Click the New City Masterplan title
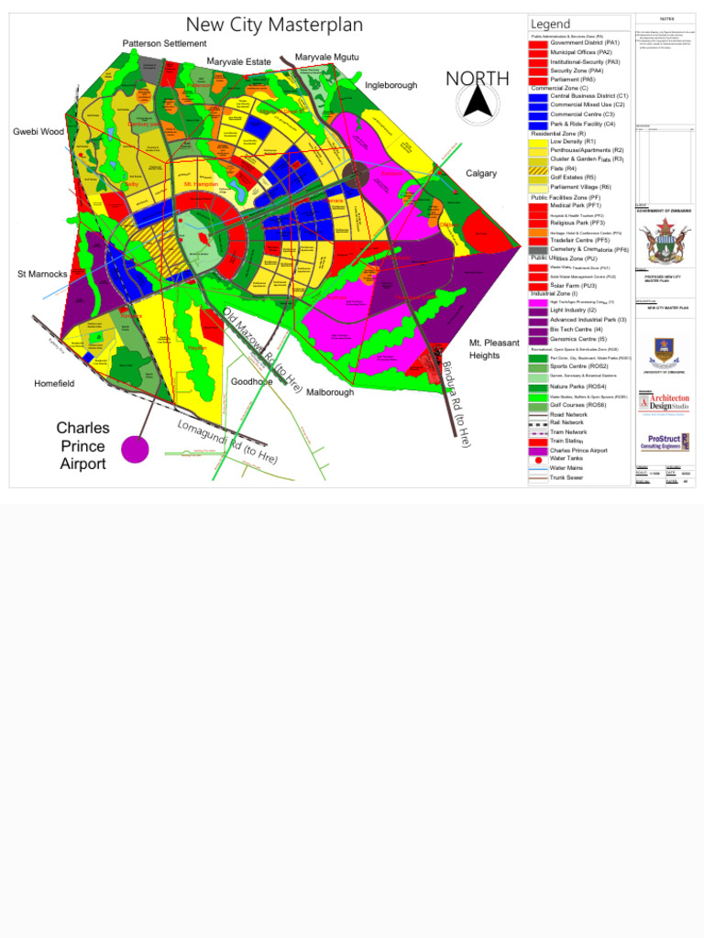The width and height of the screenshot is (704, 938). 274,25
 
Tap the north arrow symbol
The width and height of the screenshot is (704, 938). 478,104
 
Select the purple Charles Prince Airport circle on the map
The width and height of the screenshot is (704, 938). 135,449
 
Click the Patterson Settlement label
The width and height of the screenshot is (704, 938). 165,44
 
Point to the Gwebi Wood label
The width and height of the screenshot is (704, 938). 38,132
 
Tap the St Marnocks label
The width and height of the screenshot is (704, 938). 42,274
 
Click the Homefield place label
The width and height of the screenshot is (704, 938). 54,384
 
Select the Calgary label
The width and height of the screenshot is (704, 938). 481,173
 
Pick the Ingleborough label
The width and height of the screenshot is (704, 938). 390,85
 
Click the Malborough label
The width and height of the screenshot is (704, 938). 330,392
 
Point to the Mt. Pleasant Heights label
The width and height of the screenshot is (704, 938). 494,349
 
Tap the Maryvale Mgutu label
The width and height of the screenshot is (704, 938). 326,58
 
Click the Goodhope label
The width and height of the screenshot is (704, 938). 251,381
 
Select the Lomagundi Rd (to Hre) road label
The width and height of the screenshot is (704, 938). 227,441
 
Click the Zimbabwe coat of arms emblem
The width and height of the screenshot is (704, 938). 665,243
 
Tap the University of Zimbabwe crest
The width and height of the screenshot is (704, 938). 665,352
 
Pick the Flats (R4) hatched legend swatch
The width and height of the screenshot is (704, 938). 538,169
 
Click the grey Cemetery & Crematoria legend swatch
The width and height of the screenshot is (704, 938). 538,250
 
